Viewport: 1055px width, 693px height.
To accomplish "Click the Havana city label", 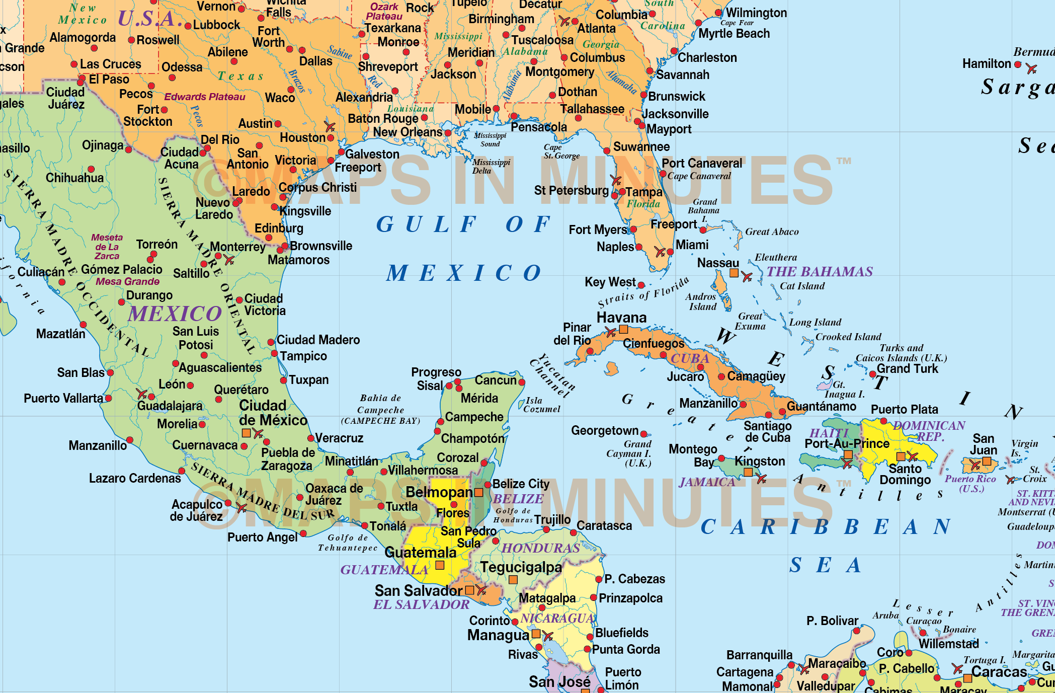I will (x=621, y=318).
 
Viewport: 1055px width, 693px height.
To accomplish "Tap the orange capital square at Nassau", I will (x=734, y=273).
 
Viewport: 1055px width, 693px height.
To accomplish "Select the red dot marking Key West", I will (x=641, y=285).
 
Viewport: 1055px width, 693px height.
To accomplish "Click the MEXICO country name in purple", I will (x=175, y=314).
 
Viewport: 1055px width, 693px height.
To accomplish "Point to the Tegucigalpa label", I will (x=521, y=567).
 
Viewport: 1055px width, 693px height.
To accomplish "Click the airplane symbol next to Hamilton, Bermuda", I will (x=1031, y=68).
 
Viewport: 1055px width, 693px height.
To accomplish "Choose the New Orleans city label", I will (x=408, y=132).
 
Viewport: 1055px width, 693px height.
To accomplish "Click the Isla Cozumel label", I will (x=541, y=405).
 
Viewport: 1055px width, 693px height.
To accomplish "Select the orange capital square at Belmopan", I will (x=479, y=492).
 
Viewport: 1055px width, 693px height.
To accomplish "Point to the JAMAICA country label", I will (x=707, y=482).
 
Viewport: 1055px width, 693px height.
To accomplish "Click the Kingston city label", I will (x=760, y=461).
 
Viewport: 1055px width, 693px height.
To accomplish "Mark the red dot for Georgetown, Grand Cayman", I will (x=643, y=434).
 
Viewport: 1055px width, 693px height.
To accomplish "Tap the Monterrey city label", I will (x=237, y=247).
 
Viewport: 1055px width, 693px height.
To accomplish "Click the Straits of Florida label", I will (x=643, y=292).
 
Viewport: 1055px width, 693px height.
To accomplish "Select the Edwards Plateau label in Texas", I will (x=205, y=97).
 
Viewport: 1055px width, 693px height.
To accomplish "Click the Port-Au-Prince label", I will (x=847, y=443).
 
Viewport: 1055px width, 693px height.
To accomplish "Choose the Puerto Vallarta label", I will (x=63, y=398).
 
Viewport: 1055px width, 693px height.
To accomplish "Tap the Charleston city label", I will (x=707, y=57).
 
